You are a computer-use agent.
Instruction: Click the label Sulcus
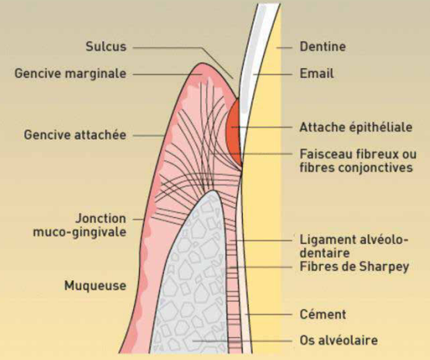click(x=106, y=46)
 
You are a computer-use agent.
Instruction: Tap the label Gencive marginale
click(x=70, y=73)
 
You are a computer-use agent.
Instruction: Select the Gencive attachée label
click(x=75, y=134)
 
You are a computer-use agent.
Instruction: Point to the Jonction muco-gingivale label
click(x=80, y=226)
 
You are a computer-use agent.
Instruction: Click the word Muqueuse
click(x=95, y=286)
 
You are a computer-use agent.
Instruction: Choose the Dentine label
click(x=322, y=46)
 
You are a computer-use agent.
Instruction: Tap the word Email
click(x=317, y=73)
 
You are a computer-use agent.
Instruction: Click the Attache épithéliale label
click(x=356, y=127)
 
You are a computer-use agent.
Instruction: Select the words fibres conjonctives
click(x=356, y=168)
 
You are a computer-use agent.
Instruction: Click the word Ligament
click(x=323, y=240)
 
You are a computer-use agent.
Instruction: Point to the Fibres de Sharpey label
click(x=354, y=267)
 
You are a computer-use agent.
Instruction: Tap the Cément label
click(x=322, y=314)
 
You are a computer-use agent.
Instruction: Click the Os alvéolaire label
click(x=339, y=341)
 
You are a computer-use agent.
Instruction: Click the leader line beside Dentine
click(x=284, y=48)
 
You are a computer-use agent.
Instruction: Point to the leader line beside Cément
click(x=268, y=314)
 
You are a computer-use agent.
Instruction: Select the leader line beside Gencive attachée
click(x=149, y=135)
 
